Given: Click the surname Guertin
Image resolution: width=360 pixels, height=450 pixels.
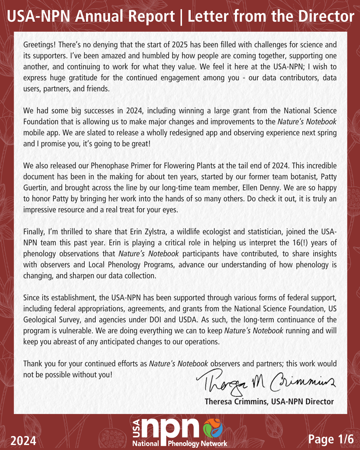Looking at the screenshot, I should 35,188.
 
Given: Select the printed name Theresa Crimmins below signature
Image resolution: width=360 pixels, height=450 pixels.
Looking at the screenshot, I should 236,402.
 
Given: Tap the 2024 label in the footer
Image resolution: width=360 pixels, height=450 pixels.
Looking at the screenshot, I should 23,441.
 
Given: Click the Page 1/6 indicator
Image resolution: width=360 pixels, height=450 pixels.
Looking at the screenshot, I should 331,439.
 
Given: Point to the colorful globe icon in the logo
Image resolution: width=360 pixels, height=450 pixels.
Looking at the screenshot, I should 213,428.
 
